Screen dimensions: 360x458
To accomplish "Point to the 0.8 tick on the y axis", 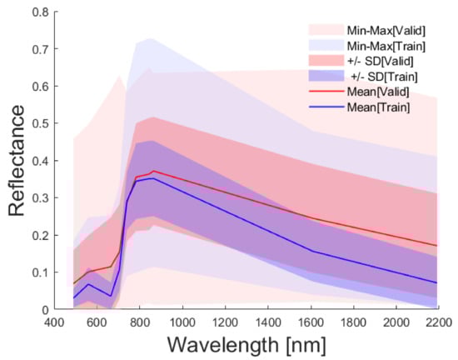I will (x=37, y=12).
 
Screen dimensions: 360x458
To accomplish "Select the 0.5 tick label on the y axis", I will (x=37, y=123).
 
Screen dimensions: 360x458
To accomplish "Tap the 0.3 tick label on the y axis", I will (x=37, y=197).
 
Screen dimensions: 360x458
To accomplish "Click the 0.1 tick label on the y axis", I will (x=37, y=272).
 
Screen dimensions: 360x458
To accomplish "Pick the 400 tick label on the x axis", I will (x=54, y=322).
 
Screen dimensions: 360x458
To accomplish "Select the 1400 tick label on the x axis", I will (x=267, y=322).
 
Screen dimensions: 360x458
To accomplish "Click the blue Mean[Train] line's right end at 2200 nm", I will (x=438, y=282).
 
